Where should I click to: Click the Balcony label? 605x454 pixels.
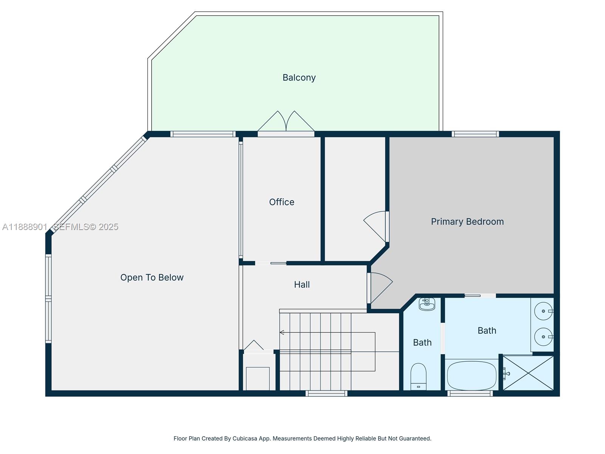coord(299,78)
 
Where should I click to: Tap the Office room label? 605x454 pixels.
coord(281,202)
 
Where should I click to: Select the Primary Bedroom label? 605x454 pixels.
coord(467,222)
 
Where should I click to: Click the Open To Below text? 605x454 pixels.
coord(152,277)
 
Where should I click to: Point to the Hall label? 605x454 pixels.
coord(302,285)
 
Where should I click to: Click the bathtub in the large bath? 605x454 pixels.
coord(472,375)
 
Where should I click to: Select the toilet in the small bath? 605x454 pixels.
coord(418,376)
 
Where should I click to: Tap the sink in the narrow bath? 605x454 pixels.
coord(427,304)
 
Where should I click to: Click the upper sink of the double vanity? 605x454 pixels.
coord(543,311)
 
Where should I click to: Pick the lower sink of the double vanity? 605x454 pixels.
coord(543,337)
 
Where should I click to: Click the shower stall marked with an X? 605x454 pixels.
coord(529,373)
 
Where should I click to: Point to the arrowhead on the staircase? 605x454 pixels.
coord(282,333)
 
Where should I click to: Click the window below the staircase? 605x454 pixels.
coord(326,393)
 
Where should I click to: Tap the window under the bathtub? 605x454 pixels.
coord(470,393)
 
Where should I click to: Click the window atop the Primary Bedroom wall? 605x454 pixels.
coord(475,134)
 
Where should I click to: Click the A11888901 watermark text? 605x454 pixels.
coord(25,227)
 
